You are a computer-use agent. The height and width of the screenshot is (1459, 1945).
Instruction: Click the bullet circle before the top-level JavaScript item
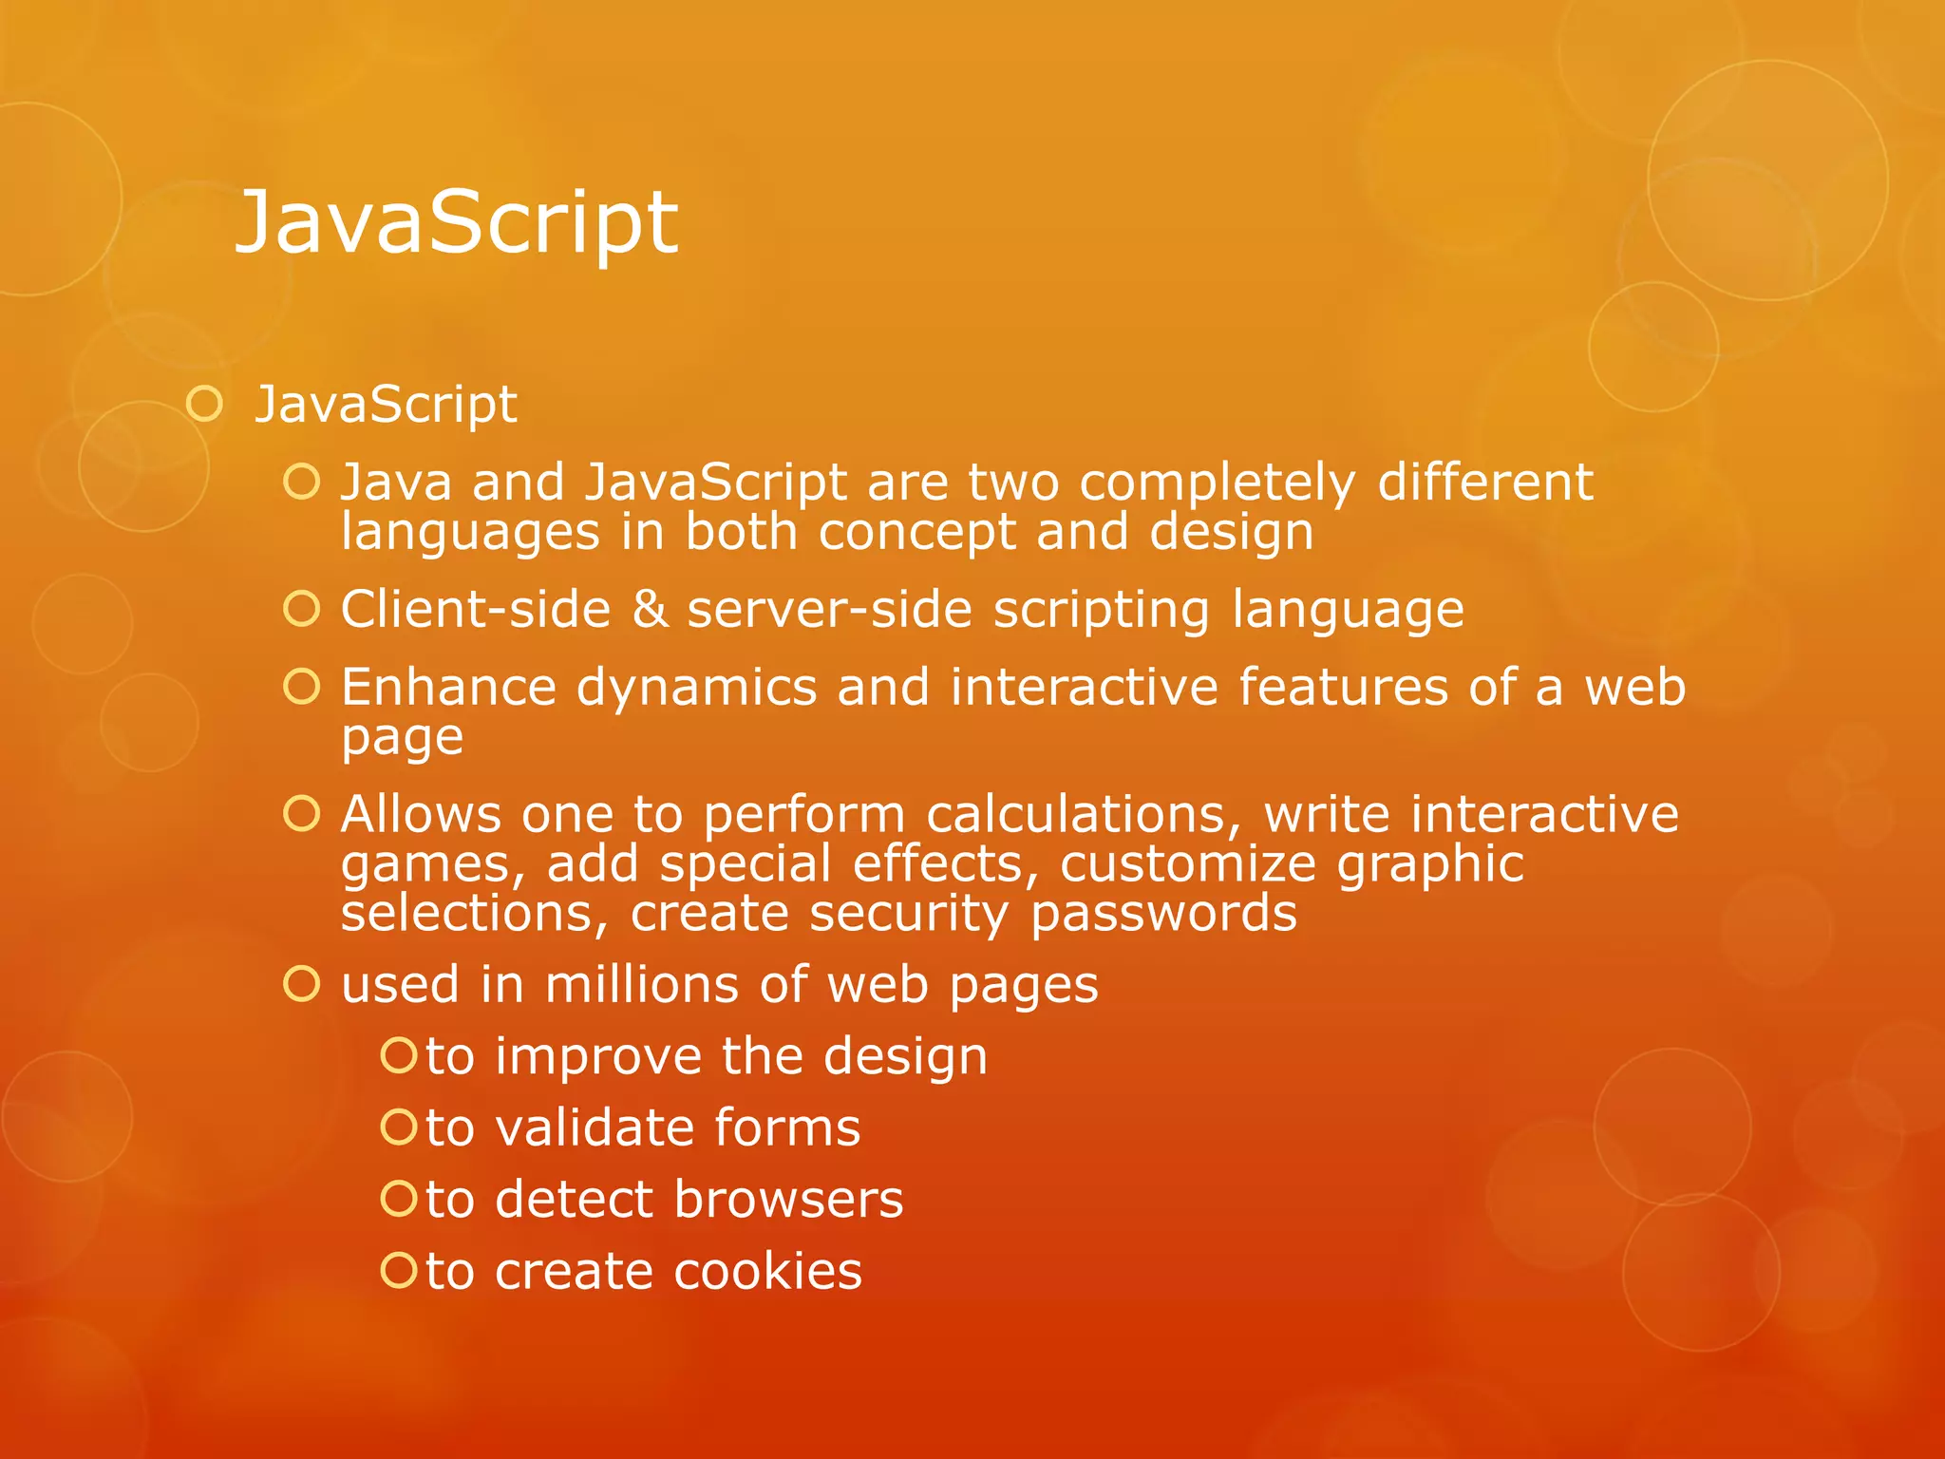coord(204,405)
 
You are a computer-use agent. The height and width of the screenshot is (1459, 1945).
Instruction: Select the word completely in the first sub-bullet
coord(1217,483)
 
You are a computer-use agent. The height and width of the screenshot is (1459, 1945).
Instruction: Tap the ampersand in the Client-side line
coord(650,609)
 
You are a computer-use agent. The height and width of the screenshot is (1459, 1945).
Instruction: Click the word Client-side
coord(475,609)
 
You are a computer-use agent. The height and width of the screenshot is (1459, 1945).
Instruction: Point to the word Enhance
coord(448,687)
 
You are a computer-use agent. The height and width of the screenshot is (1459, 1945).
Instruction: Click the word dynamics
coord(696,687)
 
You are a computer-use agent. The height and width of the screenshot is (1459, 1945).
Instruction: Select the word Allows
coord(421,814)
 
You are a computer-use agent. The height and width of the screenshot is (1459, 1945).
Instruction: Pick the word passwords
coord(1163,914)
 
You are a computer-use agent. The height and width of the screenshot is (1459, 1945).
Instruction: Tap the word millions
coord(641,984)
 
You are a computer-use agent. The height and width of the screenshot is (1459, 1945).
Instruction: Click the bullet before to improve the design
coord(398,1055)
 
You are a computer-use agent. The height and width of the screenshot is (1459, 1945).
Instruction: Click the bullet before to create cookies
coord(398,1270)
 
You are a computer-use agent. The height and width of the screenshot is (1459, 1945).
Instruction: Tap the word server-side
coord(829,609)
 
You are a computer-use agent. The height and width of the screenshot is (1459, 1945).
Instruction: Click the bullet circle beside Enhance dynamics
coord(302,686)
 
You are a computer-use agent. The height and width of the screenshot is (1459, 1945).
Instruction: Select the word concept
coord(916,532)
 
